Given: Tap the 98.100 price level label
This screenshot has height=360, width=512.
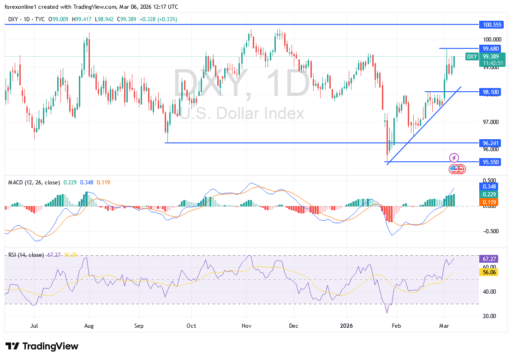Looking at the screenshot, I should (x=490, y=92).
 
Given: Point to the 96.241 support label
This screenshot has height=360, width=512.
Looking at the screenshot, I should (x=490, y=143).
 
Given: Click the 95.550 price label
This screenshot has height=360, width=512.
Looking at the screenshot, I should (x=490, y=162).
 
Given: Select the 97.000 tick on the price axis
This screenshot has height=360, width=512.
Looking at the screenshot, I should (x=489, y=122).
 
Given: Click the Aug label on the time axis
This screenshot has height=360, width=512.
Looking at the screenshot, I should (x=89, y=326).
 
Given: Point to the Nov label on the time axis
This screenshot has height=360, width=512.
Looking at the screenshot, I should (x=246, y=326).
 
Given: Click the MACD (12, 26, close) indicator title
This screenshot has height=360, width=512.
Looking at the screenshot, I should (x=34, y=183).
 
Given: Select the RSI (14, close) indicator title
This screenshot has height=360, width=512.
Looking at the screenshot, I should (x=26, y=255).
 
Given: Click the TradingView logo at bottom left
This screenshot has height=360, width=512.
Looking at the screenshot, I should (x=42, y=346).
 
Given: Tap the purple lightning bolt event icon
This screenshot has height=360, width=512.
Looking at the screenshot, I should (x=454, y=158).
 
